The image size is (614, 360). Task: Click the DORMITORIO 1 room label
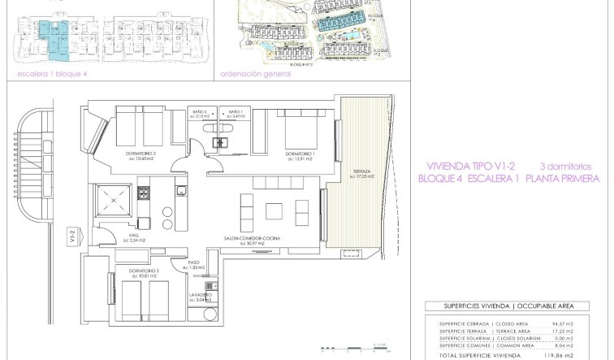[x=300, y=152]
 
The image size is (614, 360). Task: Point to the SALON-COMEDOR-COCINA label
[x=253, y=238]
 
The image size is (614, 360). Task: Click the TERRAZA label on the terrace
[x=361, y=172]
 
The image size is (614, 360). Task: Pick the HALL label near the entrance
[x=134, y=236]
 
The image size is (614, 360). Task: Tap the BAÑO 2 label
[x=201, y=111]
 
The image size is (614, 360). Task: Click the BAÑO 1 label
[x=236, y=111]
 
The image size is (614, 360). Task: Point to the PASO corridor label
[x=194, y=262]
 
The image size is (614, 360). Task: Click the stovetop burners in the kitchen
[x=144, y=193]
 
